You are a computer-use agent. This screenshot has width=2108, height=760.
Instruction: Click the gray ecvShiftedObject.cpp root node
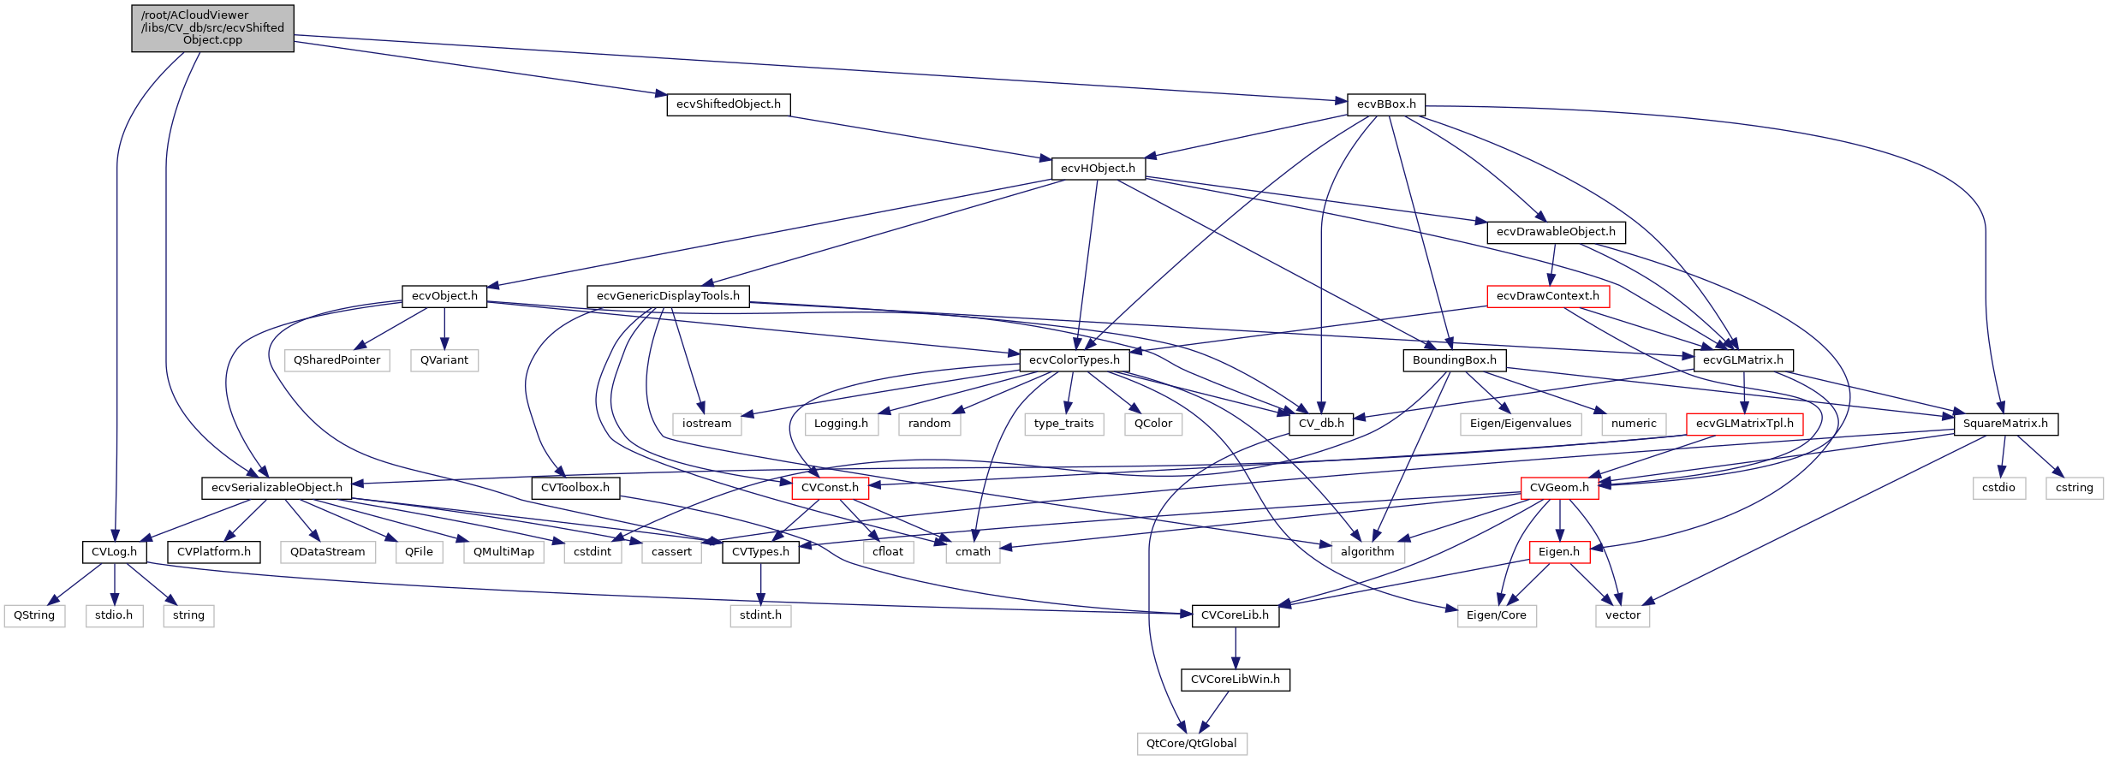tap(212, 28)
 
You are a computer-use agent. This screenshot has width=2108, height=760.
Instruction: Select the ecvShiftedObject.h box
tap(728, 104)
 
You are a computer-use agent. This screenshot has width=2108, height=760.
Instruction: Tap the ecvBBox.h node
tap(1385, 104)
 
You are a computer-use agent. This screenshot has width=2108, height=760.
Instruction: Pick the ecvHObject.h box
tap(1098, 169)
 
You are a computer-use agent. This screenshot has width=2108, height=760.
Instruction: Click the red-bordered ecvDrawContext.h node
tap(1547, 296)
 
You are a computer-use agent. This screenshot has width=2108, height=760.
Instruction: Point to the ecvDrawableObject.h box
tap(1556, 232)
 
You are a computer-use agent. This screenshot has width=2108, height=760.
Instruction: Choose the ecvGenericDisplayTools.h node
tap(668, 296)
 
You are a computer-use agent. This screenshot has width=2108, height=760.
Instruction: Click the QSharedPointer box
tap(336, 360)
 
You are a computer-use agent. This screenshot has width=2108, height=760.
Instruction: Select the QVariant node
tap(444, 360)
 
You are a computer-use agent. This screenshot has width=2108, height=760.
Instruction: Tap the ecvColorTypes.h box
tap(1074, 360)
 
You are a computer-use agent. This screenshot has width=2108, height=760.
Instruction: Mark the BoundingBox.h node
tap(1454, 360)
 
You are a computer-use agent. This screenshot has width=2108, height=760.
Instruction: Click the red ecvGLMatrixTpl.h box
tap(1744, 424)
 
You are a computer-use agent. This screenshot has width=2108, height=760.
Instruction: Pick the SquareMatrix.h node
tap(2004, 424)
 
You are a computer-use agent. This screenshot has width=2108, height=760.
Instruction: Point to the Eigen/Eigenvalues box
tap(1520, 424)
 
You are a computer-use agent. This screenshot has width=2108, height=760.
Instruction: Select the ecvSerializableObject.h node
tap(277, 488)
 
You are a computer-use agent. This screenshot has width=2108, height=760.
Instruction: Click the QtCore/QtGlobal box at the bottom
tap(1191, 744)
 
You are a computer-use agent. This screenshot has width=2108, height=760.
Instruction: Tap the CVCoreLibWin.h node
tap(1235, 680)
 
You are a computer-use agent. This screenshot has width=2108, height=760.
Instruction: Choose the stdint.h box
tap(760, 615)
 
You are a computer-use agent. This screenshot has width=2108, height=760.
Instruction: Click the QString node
tap(34, 615)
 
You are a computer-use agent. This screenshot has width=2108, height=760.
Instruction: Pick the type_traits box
tap(1063, 424)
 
